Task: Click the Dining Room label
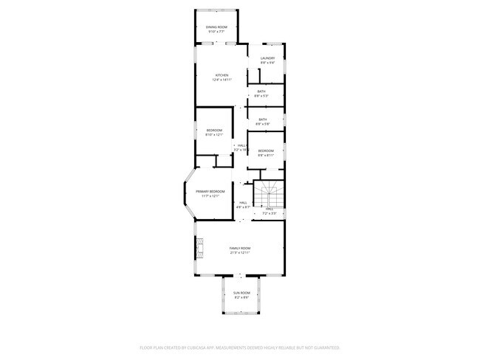tap(216, 27)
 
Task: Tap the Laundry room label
tap(267, 58)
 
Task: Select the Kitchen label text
tap(222, 75)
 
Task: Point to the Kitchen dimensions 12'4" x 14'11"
tap(222, 80)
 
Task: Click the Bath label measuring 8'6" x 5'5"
tap(261, 91)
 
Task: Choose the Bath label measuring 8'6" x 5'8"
tap(262, 120)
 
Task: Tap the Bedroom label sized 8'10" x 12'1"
tap(213, 131)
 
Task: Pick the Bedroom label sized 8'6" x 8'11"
tap(266, 151)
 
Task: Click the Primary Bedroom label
tap(210, 192)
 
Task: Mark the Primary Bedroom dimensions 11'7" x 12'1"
tap(210, 196)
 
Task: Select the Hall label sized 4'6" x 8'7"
tap(243, 203)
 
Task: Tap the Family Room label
tap(240, 249)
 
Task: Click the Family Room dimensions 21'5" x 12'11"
tap(240, 253)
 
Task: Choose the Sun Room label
tap(241, 294)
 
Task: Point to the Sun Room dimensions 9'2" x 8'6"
tap(241, 298)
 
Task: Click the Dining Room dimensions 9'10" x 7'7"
tap(216, 32)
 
